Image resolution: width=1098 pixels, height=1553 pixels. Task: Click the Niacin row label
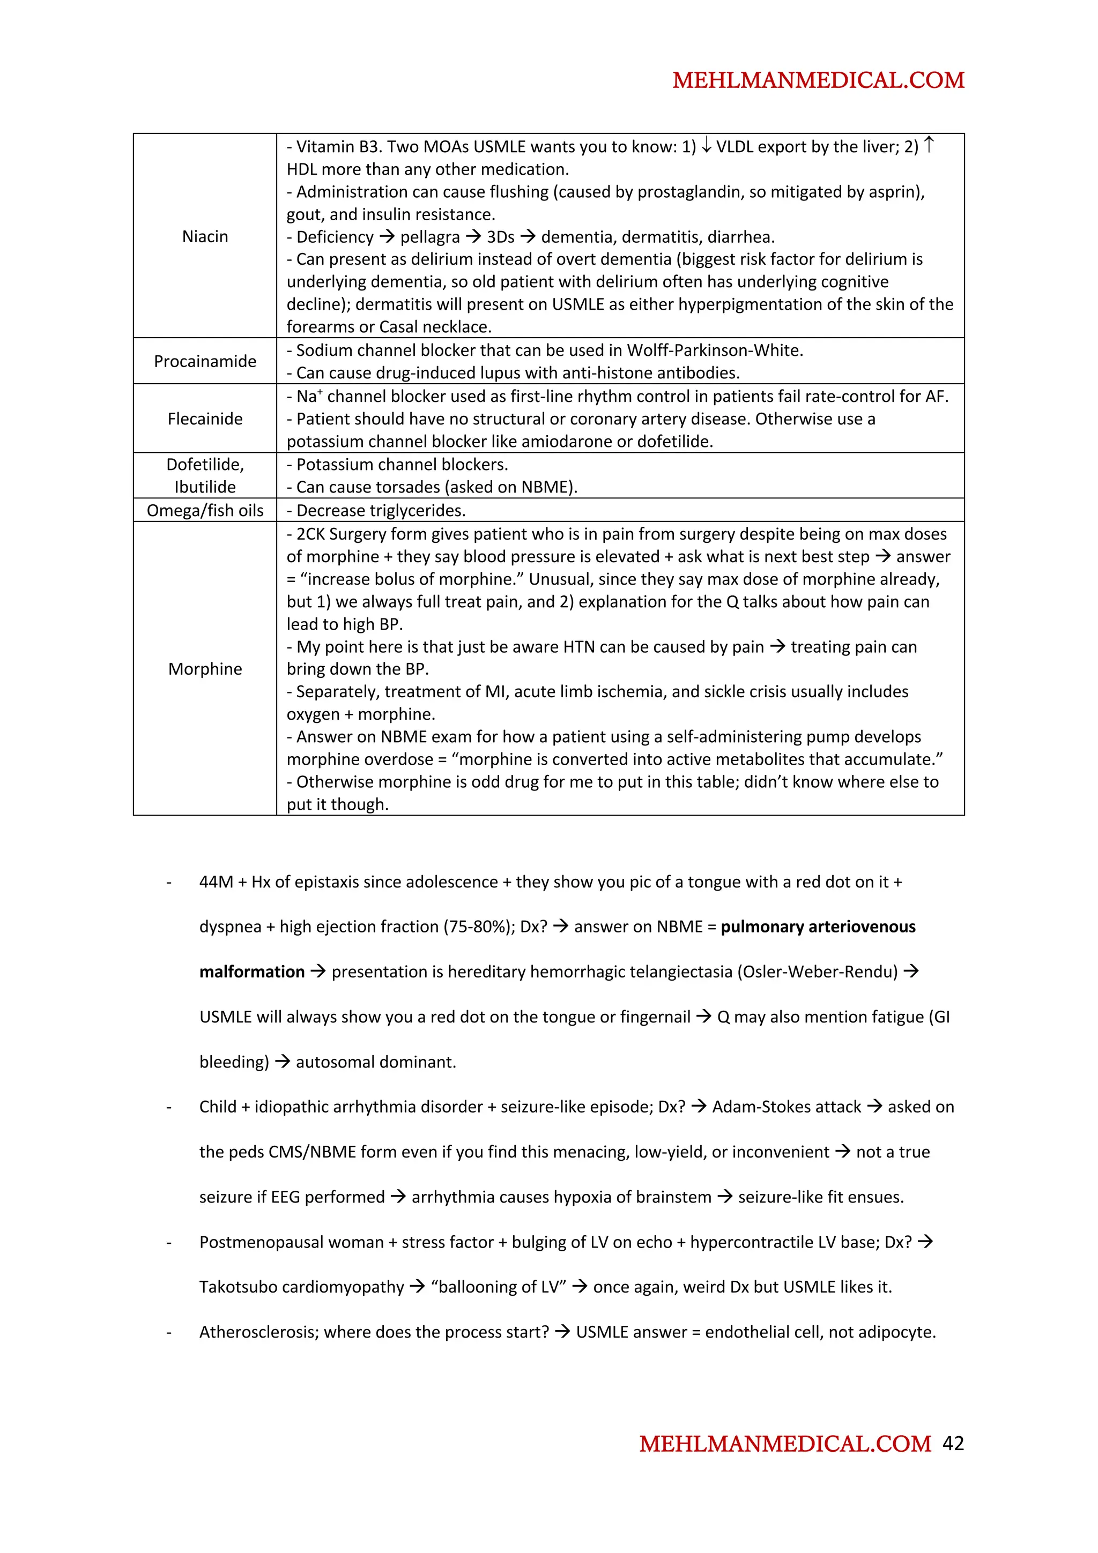point(205,237)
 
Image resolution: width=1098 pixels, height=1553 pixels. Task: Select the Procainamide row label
point(205,361)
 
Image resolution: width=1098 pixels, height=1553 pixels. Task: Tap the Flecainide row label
point(205,419)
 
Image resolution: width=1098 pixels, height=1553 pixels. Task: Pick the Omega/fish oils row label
point(205,510)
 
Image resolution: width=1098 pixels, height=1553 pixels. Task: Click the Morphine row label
point(205,669)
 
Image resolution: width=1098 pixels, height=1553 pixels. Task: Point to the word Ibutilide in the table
point(205,487)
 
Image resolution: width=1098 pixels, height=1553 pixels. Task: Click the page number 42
point(953,1444)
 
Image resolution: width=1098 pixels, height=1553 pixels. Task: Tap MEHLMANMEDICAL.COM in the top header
point(818,80)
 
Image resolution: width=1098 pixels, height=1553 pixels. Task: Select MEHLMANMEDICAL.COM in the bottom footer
point(785,1444)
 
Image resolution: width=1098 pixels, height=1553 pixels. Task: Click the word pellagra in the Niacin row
point(429,237)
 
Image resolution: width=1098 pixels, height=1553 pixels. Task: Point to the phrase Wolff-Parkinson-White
point(715,350)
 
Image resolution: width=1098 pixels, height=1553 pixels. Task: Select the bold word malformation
point(251,972)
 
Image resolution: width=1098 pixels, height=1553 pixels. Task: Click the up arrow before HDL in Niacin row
point(929,145)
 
